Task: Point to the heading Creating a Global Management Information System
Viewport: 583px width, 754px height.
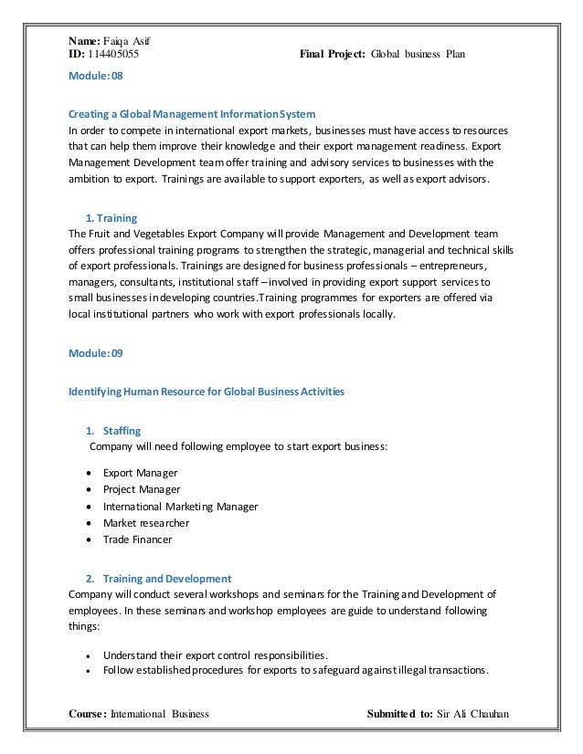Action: (x=193, y=114)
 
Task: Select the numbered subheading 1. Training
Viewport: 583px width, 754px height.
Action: (x=111, y=218)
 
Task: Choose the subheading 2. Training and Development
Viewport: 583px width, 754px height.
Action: (x=158, y=578)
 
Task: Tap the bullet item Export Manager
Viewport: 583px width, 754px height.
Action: (x=140, y=472)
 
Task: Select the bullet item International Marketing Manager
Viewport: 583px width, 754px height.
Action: (x=180, y=506)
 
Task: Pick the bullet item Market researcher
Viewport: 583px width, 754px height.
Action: (x=146, y=522)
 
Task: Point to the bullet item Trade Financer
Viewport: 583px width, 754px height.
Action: (x=137, y=539)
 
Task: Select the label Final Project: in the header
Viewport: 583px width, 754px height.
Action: (x=334, y=54)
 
